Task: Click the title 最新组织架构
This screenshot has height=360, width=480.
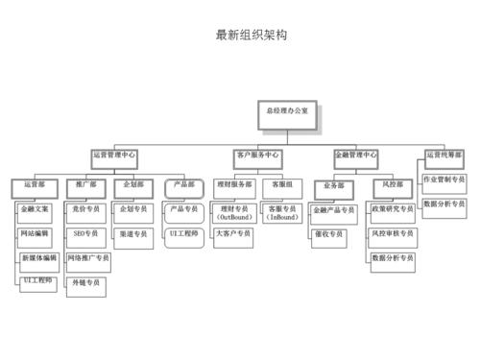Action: point(252,36)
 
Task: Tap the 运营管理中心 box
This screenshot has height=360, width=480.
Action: point(114,155)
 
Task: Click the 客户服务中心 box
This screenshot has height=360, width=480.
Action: point(257,155)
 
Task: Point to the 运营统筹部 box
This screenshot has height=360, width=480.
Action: point(443,154)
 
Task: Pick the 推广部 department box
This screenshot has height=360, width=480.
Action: point(85,184)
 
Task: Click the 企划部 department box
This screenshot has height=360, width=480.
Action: point(132,184)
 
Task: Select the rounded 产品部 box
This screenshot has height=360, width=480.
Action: point(183,184)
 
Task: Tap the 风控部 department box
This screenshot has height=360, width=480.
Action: point(393,184)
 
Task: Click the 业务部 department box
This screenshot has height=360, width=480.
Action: point(334,185)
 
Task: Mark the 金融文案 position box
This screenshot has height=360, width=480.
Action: point(36,208)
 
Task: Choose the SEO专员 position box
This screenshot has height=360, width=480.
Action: point(85,233)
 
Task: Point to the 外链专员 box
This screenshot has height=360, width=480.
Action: point(85,284)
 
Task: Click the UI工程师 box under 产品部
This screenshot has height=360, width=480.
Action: point(183,233)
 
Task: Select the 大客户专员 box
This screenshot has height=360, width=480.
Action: point(233,233)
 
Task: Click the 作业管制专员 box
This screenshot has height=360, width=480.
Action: point(444,179)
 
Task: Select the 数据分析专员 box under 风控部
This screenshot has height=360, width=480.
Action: point(393,258)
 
